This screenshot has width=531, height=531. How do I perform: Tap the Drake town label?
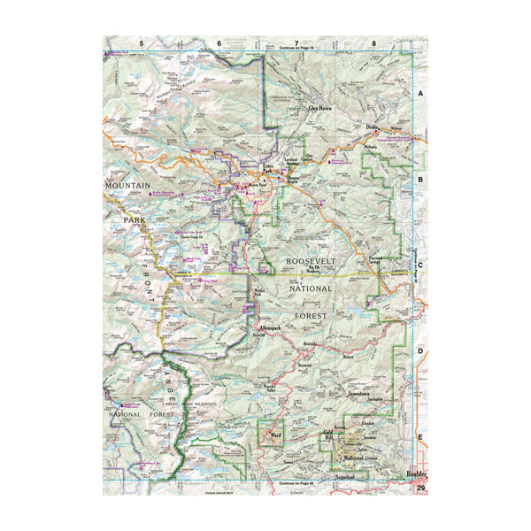coord(373,127)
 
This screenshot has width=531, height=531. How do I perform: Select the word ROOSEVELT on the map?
coord(309,263)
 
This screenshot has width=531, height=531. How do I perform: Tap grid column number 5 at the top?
coord(140,42)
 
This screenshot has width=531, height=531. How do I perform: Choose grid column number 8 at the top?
coord(373,42)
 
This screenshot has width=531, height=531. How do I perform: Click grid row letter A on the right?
coord(421,92)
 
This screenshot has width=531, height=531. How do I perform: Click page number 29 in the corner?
coord(421,489)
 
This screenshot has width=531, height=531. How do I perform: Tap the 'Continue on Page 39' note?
coord(296,485)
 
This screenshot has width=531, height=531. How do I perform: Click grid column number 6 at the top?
coord(219,42)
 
